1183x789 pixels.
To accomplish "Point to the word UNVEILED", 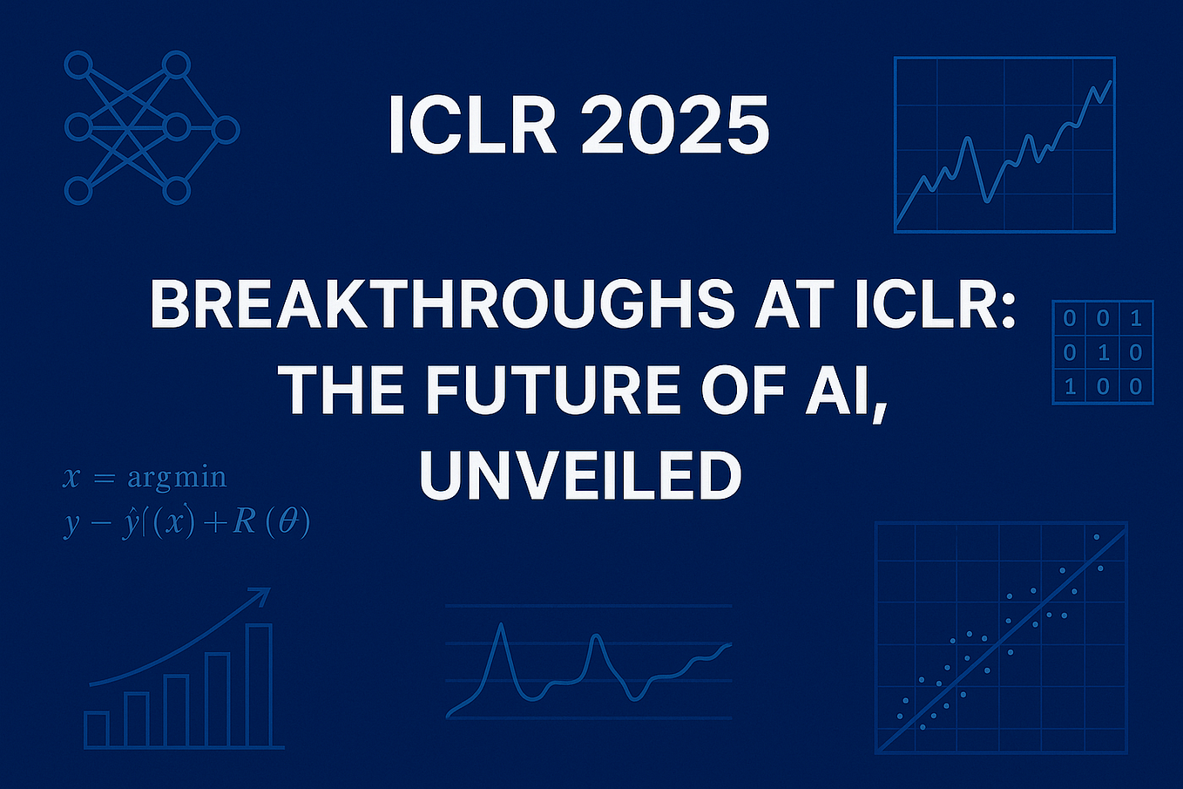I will click(580, 475).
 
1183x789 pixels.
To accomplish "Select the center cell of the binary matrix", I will click(1103, 353).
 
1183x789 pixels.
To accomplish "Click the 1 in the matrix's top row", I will click(1135, 319).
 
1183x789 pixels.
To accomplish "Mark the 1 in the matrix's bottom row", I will click(1071, 386).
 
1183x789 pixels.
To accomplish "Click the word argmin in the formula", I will click(177, 478).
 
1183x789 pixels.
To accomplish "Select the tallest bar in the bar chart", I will click(260, 685).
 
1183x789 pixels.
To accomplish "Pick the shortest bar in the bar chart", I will click(97, 730).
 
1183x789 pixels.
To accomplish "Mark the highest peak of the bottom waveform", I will click(501, 626).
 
